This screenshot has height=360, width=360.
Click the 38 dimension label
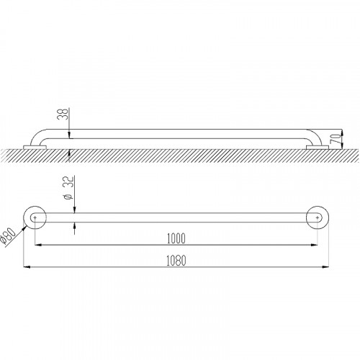point(63,114)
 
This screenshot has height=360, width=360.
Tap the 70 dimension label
point(336,139)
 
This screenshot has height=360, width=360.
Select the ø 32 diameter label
point(68,188)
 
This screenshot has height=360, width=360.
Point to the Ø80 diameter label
point(8,235)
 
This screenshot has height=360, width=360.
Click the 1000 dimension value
point(176,238)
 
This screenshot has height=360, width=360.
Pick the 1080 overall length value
point(176,261)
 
